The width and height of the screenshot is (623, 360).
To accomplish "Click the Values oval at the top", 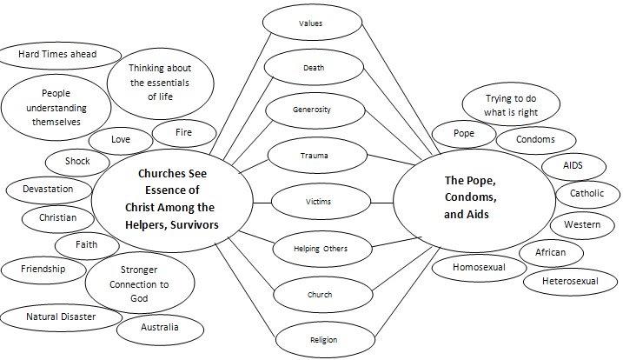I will point(310,23).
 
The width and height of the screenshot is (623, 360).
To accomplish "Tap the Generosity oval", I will point(310,110).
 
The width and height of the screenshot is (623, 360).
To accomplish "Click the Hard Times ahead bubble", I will point(57,55).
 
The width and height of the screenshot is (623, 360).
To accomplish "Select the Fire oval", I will point(183,133).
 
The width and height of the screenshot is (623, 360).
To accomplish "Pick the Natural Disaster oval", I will point(61,317).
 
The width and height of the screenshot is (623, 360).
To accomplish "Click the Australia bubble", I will point(160,328).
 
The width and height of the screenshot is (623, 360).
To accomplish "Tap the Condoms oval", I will point(536,139).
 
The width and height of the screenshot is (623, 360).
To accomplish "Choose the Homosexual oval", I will point(478,267).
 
